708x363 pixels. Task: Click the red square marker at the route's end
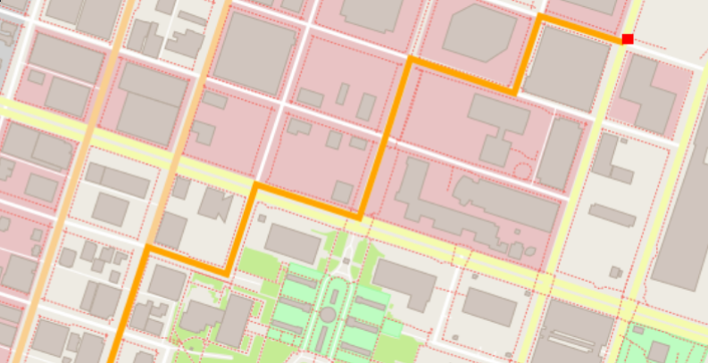point(628,39)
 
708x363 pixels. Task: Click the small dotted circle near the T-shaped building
point(523,170)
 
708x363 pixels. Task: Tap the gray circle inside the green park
point(328,315)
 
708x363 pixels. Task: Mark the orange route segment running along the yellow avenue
point(308,201)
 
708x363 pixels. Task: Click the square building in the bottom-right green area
point(662,351)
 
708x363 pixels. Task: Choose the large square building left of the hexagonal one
point(254,53)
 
